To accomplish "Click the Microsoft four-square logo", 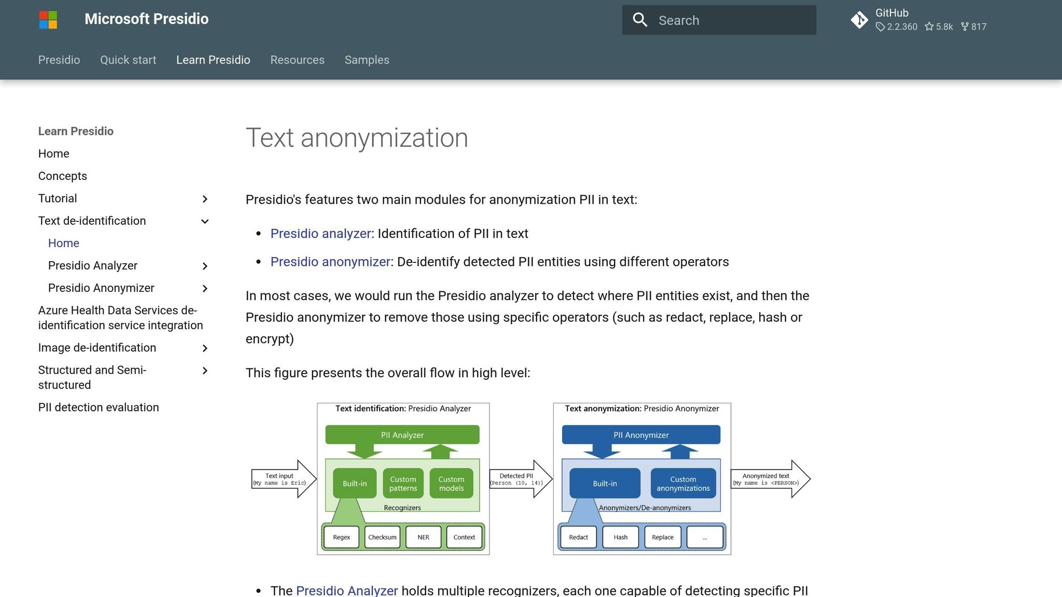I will click(x=48, y=20).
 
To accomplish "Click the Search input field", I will click(x=726, y=20).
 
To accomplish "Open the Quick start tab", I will click(x=128, y=60).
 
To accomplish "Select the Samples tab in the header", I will click(x=367, y=60).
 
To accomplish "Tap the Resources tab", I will click(x=297, y=60).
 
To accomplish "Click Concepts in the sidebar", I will click(x=62, y=176).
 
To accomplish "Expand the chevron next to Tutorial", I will click(x=205, y=199).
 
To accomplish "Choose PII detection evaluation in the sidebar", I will click(x=99, y=407).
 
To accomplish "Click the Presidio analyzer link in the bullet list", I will click(x=320, y=234).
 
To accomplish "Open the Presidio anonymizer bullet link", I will click(x=330, y=262).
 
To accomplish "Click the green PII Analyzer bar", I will click(x=402, y=435).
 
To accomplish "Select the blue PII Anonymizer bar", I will click(x=641, y=435).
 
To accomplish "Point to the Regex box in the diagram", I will click(x=341, y=537).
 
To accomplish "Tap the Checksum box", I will click(x=382, y=537).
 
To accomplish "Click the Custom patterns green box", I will click(x=403, y=484).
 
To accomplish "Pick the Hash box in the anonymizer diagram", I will click(x=620, y=537).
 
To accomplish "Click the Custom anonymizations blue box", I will click(x=683, y=484).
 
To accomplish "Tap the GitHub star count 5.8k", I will click(x=939, y=27).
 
